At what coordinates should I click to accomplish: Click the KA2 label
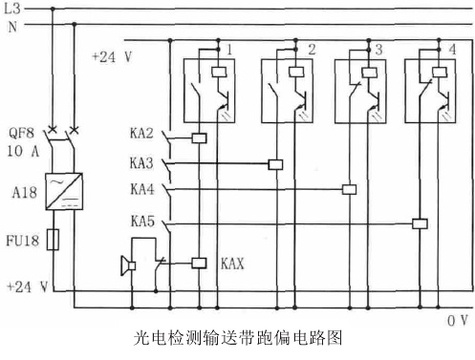[x=142, y=135]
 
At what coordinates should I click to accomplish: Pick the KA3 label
[x=142, y=161]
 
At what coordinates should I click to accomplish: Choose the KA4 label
[x=142, y=188]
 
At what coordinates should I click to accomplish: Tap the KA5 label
[x=142, y=221]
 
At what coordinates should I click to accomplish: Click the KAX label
[x=233, y=261]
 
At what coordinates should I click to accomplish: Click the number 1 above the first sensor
[x=230, y=48]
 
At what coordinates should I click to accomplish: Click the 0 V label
[x=457, y=321]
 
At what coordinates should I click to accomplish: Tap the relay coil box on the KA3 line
[x=276, y=164]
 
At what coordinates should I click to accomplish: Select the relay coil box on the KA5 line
[x=419, y=224]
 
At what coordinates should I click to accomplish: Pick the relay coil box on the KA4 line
[x=349, y=190]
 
